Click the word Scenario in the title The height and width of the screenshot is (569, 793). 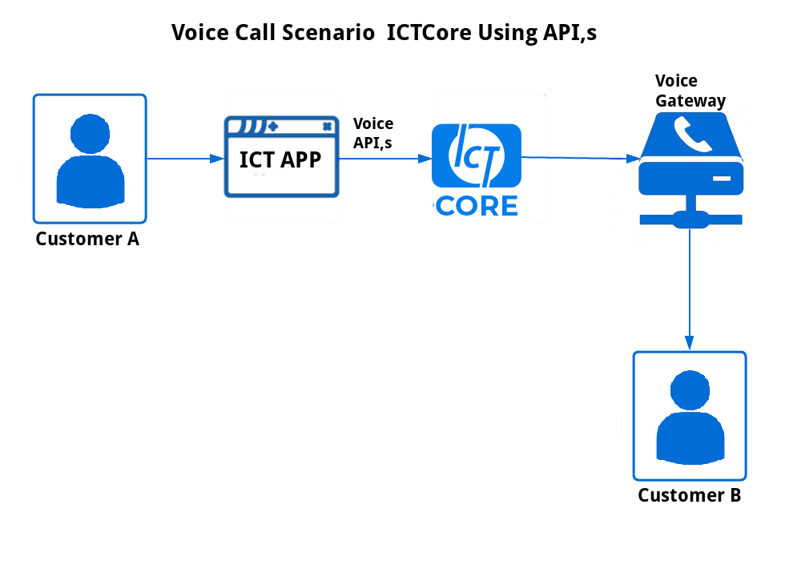[328, 32]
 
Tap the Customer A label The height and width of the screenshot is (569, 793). [87, 239]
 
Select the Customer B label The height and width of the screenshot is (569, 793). [690, 495]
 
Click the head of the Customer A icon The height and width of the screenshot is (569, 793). [90, 134]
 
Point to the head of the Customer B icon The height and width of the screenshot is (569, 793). [690, 390]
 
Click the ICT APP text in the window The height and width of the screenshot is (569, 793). [280, 159]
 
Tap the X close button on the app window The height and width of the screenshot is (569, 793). [328, 127]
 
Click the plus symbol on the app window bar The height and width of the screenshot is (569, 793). [273, 127]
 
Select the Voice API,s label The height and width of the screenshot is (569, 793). [373, 133]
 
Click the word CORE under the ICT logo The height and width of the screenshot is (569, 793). [477, 206]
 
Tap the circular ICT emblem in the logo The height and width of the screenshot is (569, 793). [477, 155]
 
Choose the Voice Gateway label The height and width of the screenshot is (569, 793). [690, 91]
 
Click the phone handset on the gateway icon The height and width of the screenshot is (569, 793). [692, 134]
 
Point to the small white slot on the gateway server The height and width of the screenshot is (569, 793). [722, 179]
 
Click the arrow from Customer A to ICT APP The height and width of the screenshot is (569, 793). [185, 159]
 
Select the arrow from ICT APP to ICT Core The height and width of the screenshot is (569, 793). [385, 159]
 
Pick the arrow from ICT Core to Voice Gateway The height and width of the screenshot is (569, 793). [581, 159]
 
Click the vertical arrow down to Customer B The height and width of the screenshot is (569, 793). [690, 289]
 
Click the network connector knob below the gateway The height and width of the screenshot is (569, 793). [690, 220]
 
